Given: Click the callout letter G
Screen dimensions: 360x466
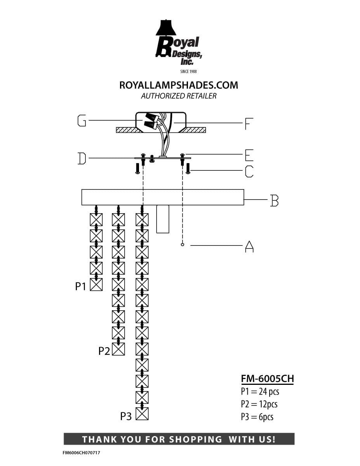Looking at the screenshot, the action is tap(82, 121).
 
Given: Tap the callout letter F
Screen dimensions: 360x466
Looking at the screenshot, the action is tap(249, 124).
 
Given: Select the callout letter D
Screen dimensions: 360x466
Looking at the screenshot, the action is tap(82, 159).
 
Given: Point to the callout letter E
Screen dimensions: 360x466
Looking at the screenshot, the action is tap(249, 155).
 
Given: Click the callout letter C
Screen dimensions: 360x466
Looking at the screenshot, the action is tap(249, 172).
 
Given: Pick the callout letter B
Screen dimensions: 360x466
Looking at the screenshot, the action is tap(274, 200).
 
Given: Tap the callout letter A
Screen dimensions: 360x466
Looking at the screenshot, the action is tap(249, 247).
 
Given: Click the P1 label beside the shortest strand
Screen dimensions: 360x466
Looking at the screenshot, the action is tap(80, 286).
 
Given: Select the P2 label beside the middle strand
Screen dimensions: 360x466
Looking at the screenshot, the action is tap(104, 351).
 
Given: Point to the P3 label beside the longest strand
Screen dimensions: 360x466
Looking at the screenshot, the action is tap(126, 416).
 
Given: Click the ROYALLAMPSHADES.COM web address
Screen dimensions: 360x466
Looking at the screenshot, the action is tap(179, 85).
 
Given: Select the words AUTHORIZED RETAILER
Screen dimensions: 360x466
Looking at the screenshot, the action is tap(179, 96).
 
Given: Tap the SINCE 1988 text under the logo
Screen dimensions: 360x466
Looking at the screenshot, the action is tap(188, 71).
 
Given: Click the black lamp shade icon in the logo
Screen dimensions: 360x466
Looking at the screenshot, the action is tap(166, 28).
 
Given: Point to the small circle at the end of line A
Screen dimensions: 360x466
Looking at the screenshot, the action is tap(183, 245).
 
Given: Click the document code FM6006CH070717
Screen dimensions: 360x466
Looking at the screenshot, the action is tap(81, 453).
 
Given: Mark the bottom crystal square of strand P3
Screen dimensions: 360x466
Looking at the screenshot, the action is tap(142, 414).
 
